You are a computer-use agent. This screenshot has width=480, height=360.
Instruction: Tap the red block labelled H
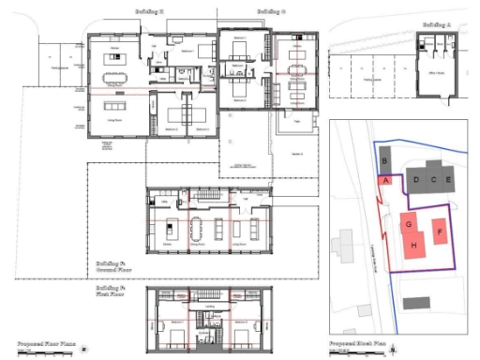click(x=412, y=246)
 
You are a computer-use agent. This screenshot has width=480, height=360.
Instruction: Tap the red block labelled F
click(x=440, y=231)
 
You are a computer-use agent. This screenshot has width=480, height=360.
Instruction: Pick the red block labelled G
click(x=409, y=224)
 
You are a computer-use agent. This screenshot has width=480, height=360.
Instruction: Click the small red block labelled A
click(x=384, y=181)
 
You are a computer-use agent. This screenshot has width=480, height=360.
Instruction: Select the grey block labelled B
click(x=384, y=160)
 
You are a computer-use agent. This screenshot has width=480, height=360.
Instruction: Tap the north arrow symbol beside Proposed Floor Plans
click(x=84, y=347)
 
